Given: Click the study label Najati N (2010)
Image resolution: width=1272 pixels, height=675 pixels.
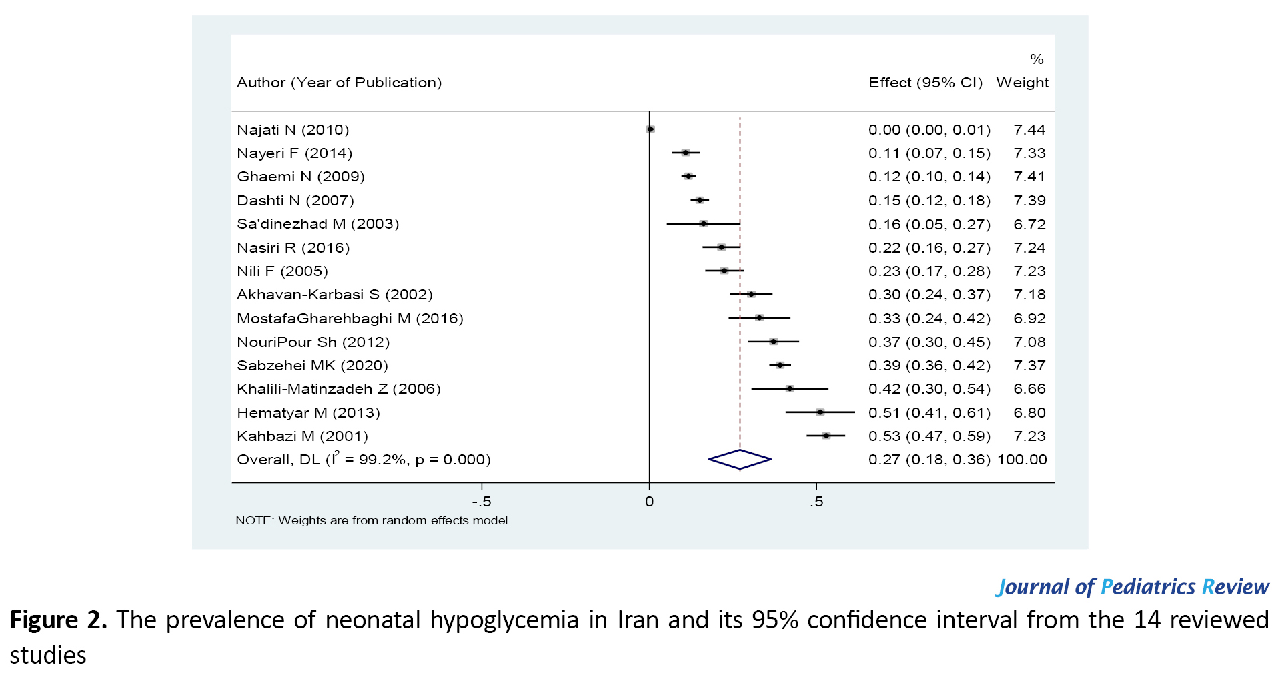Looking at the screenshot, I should coord(293,130).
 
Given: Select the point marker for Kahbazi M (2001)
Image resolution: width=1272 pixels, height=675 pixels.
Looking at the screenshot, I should coord(826,436).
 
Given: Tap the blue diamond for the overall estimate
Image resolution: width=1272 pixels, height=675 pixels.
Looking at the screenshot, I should coord(740,459).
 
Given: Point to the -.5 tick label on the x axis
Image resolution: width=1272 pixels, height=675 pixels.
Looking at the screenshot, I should coord(481,502).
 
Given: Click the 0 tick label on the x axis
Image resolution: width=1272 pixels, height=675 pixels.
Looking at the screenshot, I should coord(649,502).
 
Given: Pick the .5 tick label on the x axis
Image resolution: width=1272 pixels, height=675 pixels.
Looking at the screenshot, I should coord(816,502).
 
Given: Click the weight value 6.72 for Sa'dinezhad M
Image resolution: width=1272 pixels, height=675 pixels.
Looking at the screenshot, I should coord(1029,225).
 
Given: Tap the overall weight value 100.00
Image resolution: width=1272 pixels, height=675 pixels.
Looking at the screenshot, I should coord(1022,460).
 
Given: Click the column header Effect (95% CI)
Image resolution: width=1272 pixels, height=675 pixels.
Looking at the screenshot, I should coord(925,83).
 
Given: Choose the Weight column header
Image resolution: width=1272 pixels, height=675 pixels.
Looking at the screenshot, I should coord(1022,83).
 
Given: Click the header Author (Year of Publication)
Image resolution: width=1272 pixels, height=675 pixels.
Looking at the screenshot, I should coord(339,83).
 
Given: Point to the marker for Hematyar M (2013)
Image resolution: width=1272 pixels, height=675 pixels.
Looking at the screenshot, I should coord(820,412).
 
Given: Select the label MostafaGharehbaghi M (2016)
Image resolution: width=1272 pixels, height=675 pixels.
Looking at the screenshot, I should coord(350,319).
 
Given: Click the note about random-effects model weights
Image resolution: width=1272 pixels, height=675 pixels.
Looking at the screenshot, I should coord(372,520).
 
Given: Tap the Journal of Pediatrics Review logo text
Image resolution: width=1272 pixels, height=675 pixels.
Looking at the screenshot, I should coord(1132,587).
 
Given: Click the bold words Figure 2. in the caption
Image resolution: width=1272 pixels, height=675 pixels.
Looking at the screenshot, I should coord(58,620).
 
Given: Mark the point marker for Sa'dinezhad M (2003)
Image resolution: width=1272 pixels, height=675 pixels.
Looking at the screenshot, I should coord(703,224).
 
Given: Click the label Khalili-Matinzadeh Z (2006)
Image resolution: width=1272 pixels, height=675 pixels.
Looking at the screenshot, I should coord(338,389).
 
